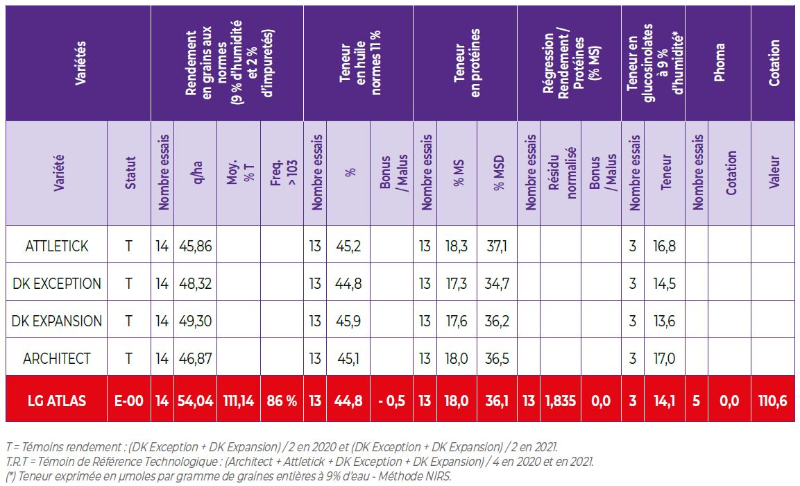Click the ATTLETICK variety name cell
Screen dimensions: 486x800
click(x=57, y=246)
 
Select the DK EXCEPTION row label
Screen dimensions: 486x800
click(x=57, y=283)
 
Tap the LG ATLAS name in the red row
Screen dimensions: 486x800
click(x=57, y=401)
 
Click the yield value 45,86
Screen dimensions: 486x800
click(x=196, y=246)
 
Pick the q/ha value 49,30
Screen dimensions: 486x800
click(x=196, y=321)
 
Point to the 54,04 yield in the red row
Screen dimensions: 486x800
click(x=196, y=401)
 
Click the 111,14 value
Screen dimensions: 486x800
click(x=239, y=401)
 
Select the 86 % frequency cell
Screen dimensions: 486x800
click(x=282, y=401)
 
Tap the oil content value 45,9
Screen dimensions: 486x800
click(x=348, y=321)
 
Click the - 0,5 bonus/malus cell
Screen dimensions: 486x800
click(x=391, y=401)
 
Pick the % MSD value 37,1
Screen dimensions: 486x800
click(x=497, y=246)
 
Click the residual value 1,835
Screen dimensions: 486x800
click(x=560, y=401)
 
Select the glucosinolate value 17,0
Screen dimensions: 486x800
click(x=665, y=358)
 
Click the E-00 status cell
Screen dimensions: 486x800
click(x=129, y=401)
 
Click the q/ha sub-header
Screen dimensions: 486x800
click(x=196, y=173)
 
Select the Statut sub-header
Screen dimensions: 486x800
click(x=129, y=173)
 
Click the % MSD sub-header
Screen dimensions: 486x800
click(x=497, y=173)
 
